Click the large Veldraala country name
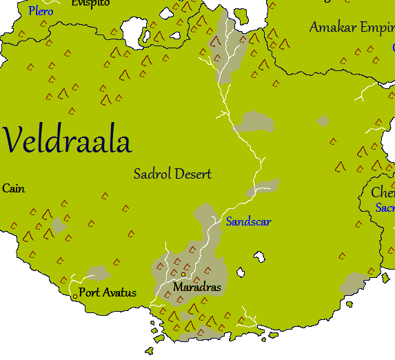[x=67, y=141]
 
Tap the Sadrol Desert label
[x=172, y=174]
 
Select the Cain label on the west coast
[x=13, y=188]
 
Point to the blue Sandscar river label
[x=248, y=221]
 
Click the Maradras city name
[x=197, y=287]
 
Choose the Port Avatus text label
[x=108, y=292]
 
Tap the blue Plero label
[x=41, y=12]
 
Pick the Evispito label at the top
[x=90, y=3]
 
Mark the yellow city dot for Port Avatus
[x=75, y=297]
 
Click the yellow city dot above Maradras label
[x=183, y=274]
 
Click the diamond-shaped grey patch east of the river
[x=323, y=121]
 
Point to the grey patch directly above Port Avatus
[x=99, y=273]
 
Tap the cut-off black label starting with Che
[x=383, y=192]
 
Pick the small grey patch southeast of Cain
[x=58, y=225]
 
